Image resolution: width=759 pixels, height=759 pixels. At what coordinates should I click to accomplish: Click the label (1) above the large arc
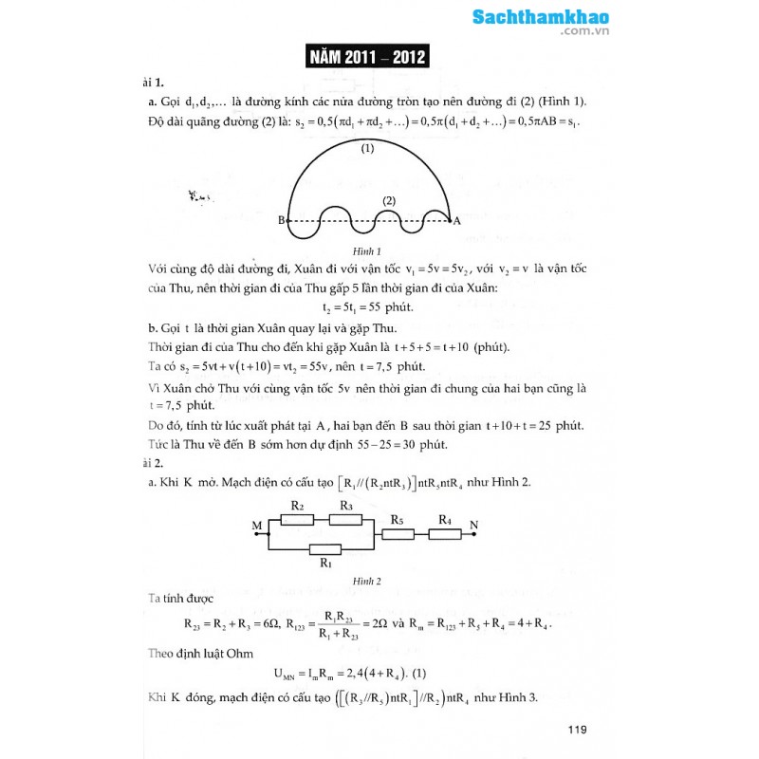(367, 148)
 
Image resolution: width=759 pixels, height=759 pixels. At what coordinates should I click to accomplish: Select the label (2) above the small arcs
(388, 201)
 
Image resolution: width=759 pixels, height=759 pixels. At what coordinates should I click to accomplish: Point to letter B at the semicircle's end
(282, 221)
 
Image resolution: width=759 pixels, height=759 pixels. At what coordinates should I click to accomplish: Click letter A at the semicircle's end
(457, 221)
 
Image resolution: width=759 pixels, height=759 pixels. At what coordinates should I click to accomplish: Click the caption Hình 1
(366, 251)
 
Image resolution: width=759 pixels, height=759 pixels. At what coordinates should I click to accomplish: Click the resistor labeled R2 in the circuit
(297, 519)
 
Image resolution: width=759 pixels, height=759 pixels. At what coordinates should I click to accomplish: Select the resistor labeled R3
(346, 519)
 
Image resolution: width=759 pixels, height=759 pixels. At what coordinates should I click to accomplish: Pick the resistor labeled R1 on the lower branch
(325, 549)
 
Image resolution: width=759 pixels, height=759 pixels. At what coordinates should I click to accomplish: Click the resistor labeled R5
(398, 534)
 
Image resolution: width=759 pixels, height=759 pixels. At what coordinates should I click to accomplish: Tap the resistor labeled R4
(444, 534)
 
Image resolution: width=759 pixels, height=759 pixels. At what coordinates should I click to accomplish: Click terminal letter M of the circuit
(256, 526)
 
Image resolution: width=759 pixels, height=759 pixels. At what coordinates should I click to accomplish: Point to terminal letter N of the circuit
(474, 526)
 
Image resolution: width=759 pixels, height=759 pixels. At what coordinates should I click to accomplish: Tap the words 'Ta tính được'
(180, 600)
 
